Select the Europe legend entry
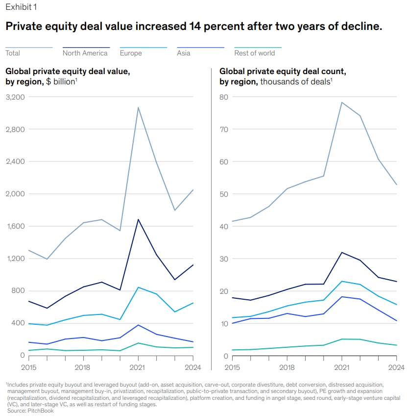(131, 53)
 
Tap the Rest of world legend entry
(254, 53)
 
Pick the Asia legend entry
(184, 53)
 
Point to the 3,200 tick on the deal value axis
(15, 97)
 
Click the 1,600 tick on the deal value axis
(15, 226)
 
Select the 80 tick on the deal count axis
(224, 97)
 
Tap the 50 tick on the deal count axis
(224, 194)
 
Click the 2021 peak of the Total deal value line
(138, 107)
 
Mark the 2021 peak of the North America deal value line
(138, 219)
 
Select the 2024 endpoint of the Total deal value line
(193, 190)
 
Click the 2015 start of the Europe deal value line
(29, 324)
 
